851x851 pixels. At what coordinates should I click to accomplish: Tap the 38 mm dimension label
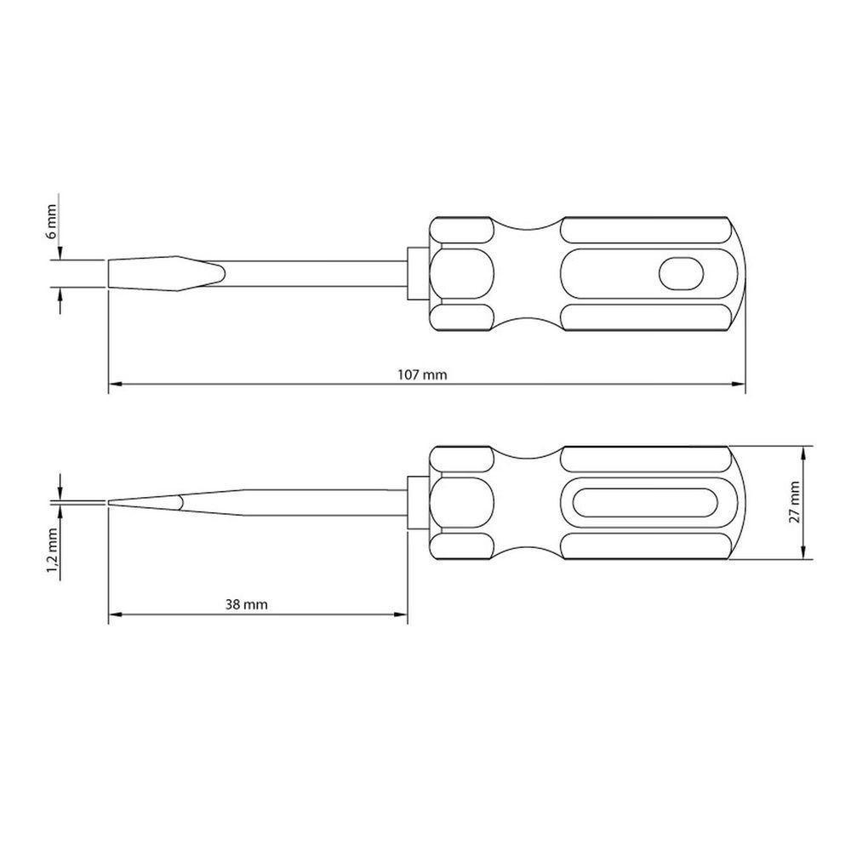248,605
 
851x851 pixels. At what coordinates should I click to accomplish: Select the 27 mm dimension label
794,502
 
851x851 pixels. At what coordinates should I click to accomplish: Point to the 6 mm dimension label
51,221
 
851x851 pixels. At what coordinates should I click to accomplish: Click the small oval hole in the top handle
682,273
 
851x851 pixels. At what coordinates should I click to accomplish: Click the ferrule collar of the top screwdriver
416,273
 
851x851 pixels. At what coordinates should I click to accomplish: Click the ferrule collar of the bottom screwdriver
416,502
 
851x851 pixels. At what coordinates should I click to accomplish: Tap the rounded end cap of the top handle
737,273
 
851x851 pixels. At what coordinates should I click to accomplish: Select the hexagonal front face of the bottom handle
460,502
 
